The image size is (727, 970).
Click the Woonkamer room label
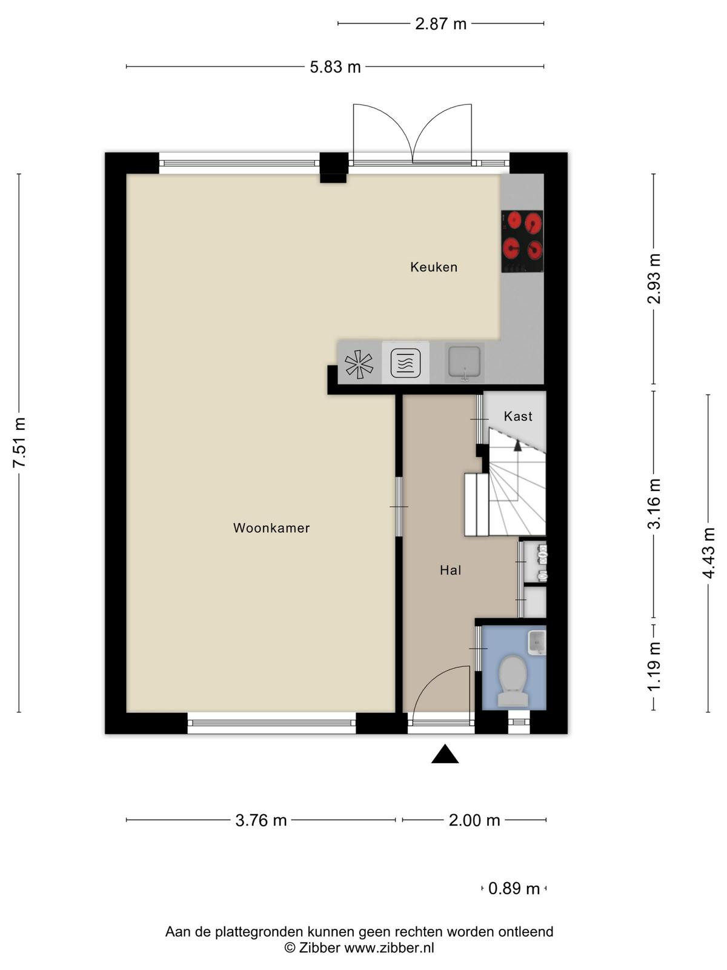[271, 528]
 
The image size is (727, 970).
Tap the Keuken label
[434, 267]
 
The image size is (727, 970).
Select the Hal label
[451, 570]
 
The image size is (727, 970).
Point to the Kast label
[518, 416]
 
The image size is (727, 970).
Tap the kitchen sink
[464, 363]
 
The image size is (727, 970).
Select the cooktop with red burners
[522, 241]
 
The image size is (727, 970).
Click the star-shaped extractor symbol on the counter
[359, 364]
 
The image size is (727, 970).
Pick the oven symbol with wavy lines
[406, 363]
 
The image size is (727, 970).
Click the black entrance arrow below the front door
[445, 754]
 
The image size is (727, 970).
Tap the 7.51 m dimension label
[20, 443]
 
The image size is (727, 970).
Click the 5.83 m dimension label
[335, 67]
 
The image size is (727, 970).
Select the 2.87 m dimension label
[440, 24]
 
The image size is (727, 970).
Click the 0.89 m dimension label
[514, 888]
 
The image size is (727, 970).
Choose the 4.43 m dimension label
[708, 553]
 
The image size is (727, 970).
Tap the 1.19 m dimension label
[655, 665]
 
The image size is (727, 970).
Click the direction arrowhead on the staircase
[517, 446]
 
